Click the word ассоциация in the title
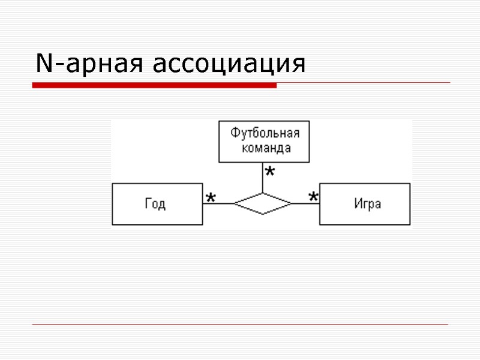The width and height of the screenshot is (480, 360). [x=230, y=65]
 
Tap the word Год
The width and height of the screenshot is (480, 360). [x=155, y=204]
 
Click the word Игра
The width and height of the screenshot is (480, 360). [x=367, y=204]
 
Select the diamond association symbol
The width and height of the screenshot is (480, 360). [x=263, y=204]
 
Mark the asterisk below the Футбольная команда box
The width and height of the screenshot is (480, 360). [x=270, y=173]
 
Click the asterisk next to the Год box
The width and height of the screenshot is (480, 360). [x=211, y=197]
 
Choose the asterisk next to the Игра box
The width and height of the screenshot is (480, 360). [x=313, y=197]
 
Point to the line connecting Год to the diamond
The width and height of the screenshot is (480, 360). [x=217, y=204]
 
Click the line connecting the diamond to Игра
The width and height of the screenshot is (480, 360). [x=305, y=204]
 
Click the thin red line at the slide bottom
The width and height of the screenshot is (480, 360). [x=240, y=325]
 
